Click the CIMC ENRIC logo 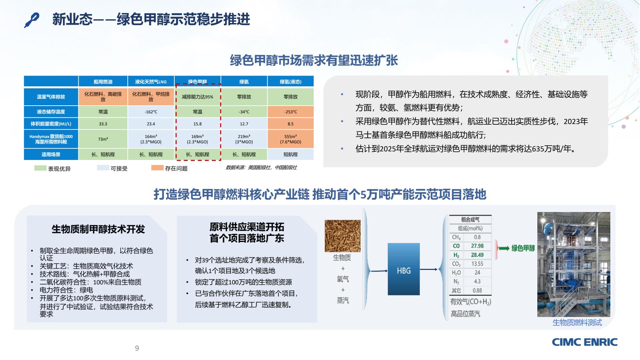pos(585,342)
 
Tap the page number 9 pos(137,348)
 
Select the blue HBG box pos(404,269)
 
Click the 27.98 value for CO pos(477,246)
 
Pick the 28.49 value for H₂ pos(477,255)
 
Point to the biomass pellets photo pos(343,236)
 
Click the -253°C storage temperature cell pos(291,112)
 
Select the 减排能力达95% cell pos(197,97)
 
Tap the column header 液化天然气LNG pos(151,82)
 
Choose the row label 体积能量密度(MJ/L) pos(51,124)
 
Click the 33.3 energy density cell pos(103,124)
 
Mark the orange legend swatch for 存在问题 pos(157,168)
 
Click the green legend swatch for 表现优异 pos(40,168)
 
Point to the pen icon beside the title pos(32,20)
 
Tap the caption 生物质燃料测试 pos(577,322)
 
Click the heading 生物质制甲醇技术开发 pos(98,229)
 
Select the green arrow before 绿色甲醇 pos(504,248)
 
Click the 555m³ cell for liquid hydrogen pos(291,139)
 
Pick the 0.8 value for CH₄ pos(477,237)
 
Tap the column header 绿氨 pos(244,82)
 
